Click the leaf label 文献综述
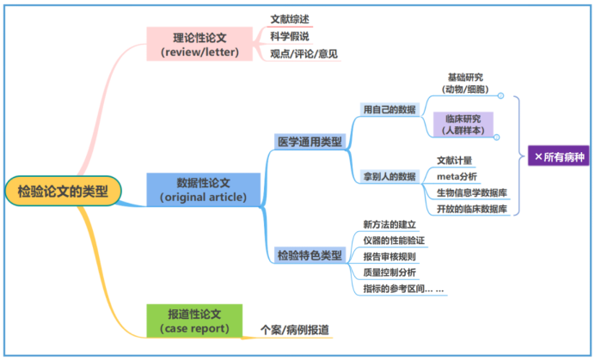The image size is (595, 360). click(289, 19)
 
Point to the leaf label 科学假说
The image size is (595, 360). click(289, 36)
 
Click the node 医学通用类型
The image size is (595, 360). click(309, 141)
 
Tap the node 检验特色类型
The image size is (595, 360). click(309, 255)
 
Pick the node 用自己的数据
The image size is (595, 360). click(389, 110)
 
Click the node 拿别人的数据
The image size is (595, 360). click(389, 176)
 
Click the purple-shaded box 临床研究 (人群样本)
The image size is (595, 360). click(463, 125)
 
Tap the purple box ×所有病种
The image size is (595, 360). click(558, 157)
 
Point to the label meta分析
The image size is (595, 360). click(456, 176)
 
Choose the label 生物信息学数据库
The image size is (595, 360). click(471, 192)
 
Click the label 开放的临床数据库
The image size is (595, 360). click(471, 209)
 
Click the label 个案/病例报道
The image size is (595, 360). click(294, 330)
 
